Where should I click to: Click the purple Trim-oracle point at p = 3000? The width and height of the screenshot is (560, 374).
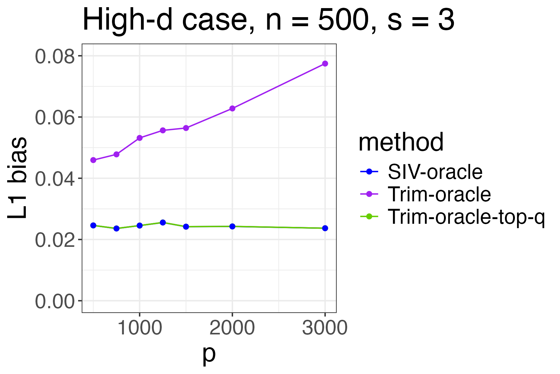coord(325,64)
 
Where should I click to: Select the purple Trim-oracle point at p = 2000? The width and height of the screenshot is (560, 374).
coord(232,108)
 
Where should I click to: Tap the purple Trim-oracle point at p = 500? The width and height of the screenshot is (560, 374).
coord(93,160)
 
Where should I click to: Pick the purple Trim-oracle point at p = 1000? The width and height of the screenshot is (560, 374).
coord(140,138)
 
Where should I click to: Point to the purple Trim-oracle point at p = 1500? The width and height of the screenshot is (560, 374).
coord(186,128)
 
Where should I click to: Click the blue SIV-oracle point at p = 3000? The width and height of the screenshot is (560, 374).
coord(325,228)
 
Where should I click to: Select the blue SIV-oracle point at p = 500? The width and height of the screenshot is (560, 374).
coord(93,225)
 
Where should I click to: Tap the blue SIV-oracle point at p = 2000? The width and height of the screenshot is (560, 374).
coord(232,226)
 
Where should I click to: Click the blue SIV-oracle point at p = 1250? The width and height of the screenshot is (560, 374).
coord(163,223)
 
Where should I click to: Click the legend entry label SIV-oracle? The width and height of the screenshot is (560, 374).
coord(435,172)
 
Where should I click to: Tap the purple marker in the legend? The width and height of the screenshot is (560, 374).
coord(369,194)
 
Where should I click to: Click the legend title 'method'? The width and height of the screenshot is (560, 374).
coord(401,142)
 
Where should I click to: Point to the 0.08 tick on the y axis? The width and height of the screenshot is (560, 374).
coord(55,56)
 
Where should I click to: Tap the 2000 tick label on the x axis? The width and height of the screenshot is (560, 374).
coord(232,328)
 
